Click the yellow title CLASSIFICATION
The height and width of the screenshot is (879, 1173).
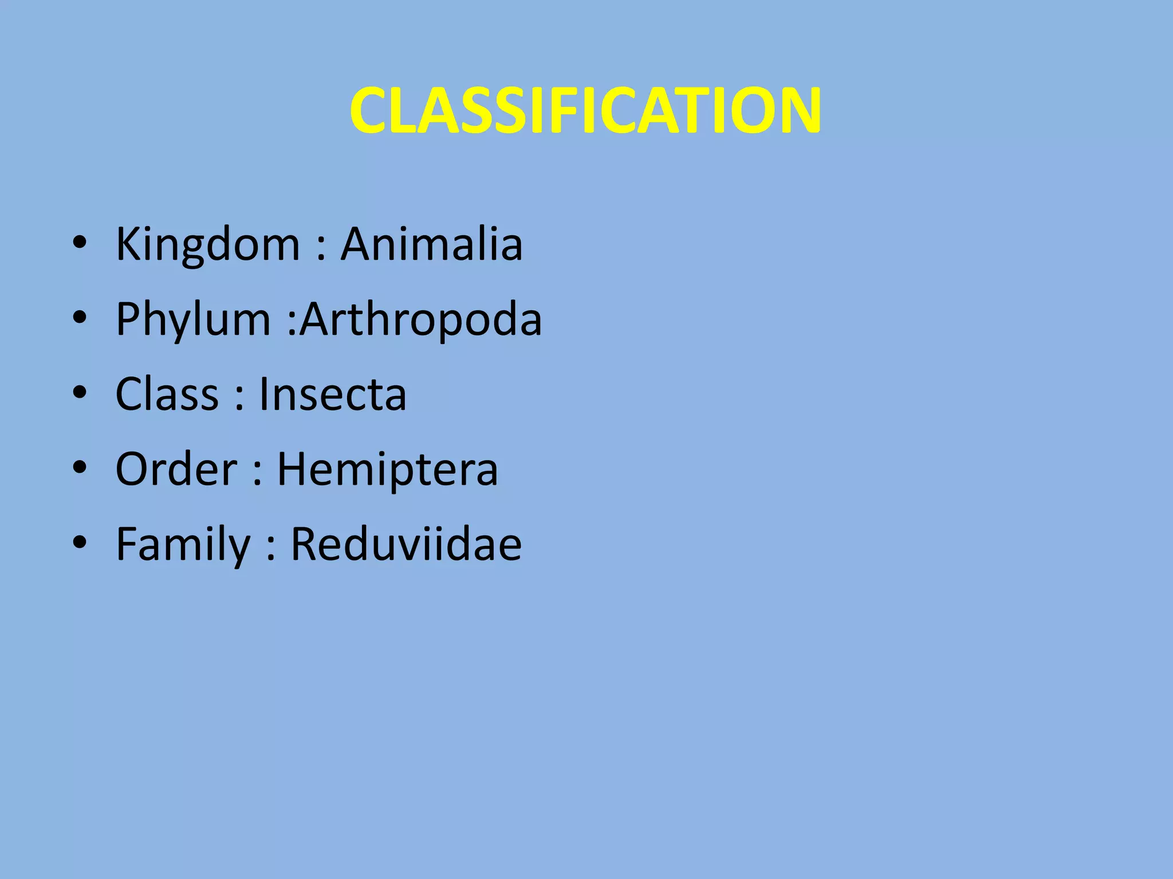point(585,110)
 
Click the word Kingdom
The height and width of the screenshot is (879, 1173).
point(207,245)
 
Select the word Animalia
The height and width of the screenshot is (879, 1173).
point(431,244)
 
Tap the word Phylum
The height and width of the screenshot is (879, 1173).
point(193,320)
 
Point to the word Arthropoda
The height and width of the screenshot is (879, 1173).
point(421,319)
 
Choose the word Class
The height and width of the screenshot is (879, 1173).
point(167,394)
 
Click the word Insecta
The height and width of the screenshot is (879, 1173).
point(333,394)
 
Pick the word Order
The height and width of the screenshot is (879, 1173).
point(176,469)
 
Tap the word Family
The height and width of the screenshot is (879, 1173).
point(183,545)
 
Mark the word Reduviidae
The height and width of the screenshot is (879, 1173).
point(406,544)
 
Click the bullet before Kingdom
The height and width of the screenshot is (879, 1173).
point(80,243)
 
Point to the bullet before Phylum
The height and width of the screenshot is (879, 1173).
point(80,318)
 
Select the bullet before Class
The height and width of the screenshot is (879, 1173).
point(80,393)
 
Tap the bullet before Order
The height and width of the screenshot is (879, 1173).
point(80,468)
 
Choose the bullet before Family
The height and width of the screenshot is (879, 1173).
point(80,543)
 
